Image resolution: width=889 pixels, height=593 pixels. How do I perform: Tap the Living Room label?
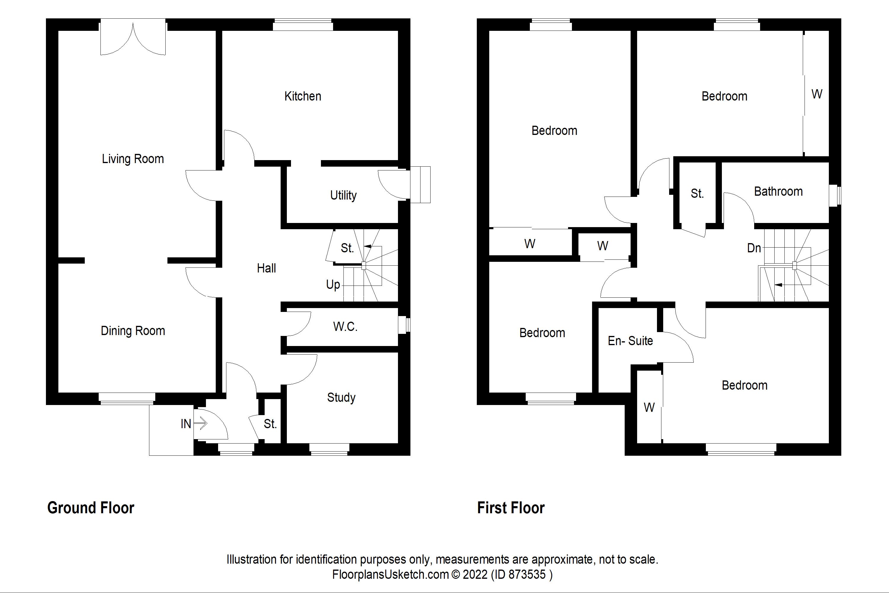point(133,159)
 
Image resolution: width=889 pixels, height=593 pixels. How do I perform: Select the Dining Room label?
point(133,331)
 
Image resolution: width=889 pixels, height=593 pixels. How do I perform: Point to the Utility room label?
point(343,195)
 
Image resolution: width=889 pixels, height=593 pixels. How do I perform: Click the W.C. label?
point(345,326)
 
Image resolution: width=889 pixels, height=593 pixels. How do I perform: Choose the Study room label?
point(341,398)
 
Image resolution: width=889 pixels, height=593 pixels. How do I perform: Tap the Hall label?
point(266,268)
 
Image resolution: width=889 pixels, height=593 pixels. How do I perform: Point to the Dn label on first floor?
point(754,248)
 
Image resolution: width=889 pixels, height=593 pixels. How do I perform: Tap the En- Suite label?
point(630,341)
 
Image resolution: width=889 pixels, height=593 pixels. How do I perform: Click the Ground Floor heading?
point(91,508)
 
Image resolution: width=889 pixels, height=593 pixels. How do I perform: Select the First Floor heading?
point(511,508)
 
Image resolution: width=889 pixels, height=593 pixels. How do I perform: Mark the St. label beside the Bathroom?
point(697,194)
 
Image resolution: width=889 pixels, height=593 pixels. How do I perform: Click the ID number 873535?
point(527,575)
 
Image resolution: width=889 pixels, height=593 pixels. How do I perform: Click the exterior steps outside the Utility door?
point(420,184)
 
